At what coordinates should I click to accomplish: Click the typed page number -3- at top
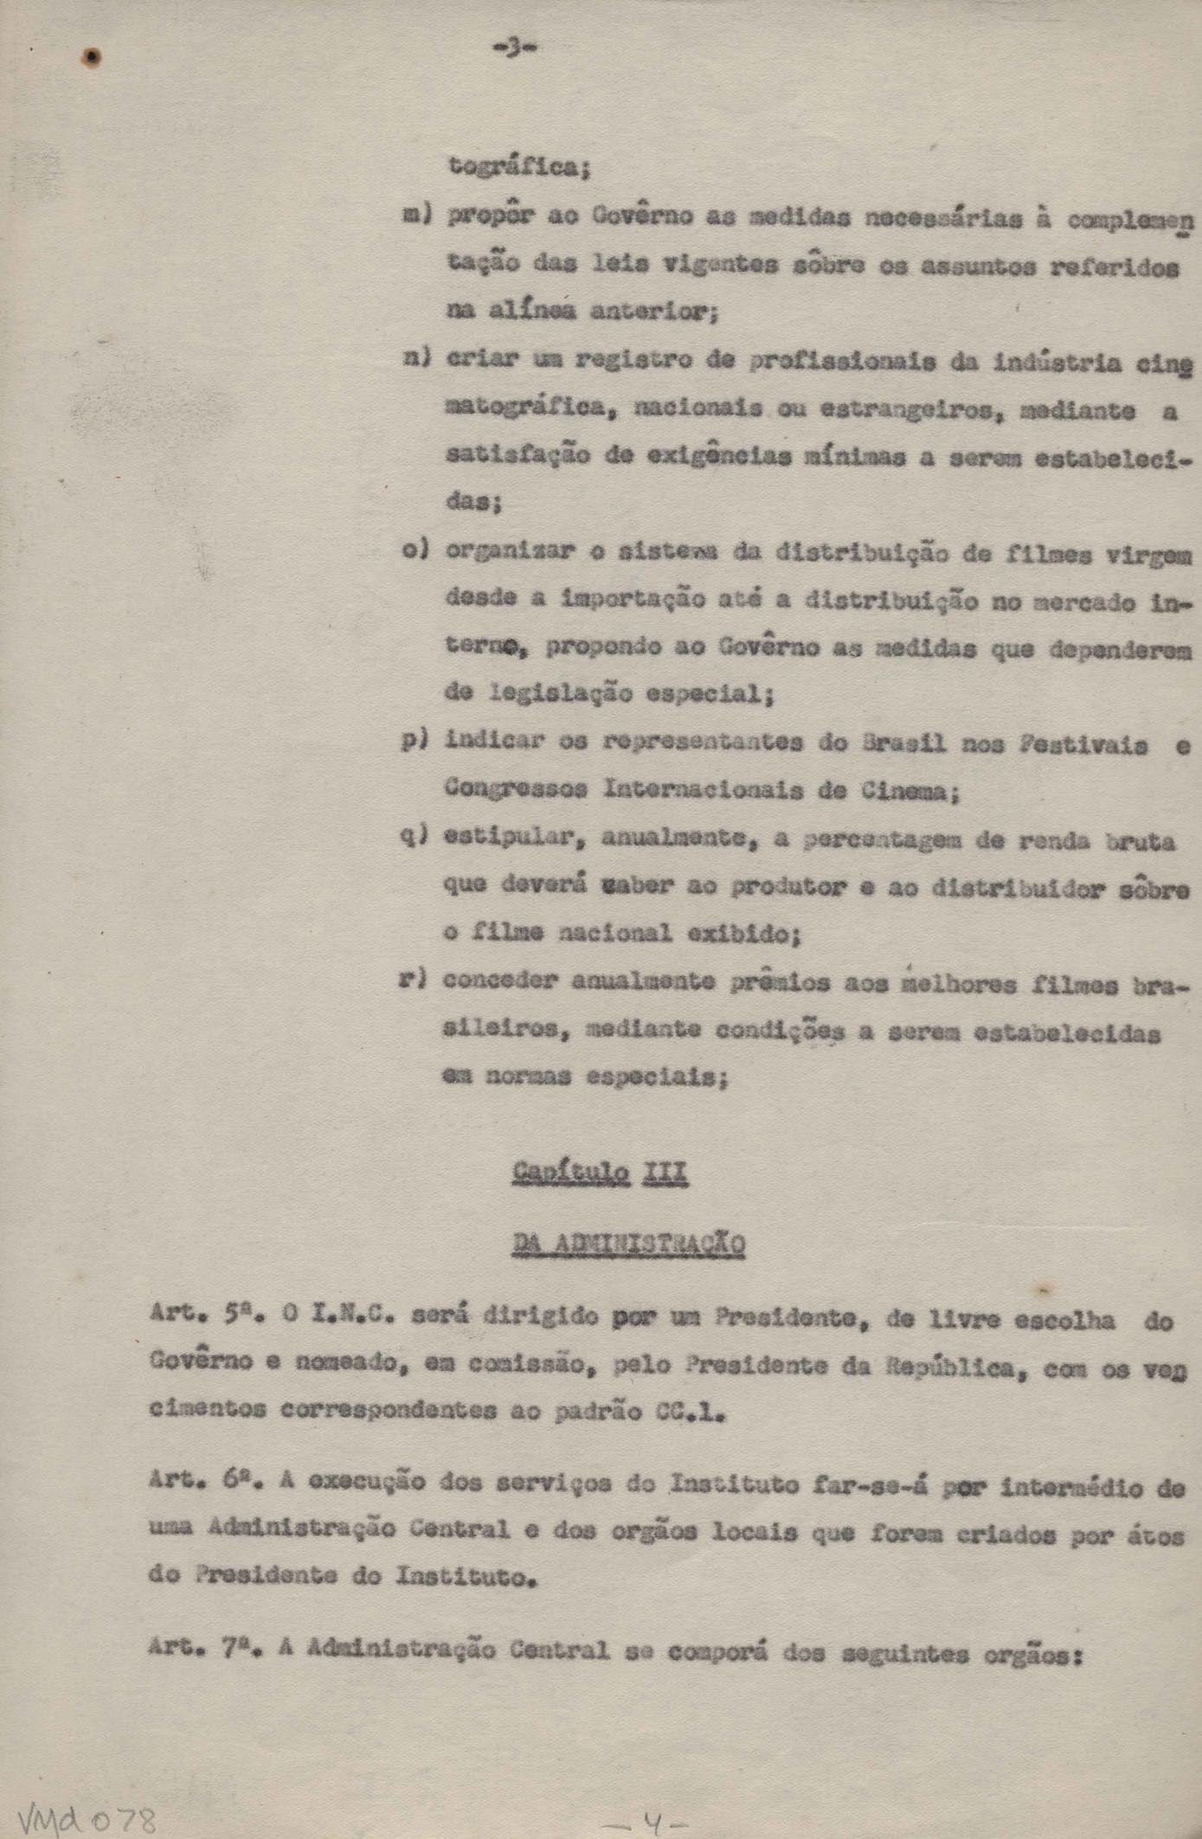click(x=513, y=49)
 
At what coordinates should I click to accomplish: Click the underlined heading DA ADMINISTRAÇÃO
click(x=628, y=1244)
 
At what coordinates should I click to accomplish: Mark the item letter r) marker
click(x=413, y=981)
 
